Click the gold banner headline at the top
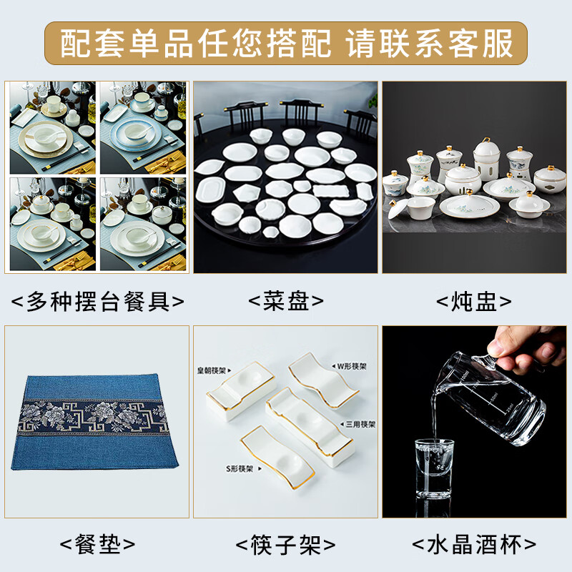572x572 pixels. point(286,44)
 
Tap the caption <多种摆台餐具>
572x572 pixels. point(97,301)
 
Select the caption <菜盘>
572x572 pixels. point(285,301)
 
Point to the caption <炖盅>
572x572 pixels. point(474,301)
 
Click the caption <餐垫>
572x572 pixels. point(97,544)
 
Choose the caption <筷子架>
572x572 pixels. point(285,545)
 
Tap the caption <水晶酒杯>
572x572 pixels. point(474,545)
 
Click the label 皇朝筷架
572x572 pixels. point(212,370)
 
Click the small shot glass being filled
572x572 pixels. point(435,468)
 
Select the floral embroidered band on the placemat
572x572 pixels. point(93,417)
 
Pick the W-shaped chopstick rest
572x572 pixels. point(324,380)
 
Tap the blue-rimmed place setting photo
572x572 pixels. point(143,128)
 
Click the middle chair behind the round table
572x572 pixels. point(301,114)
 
